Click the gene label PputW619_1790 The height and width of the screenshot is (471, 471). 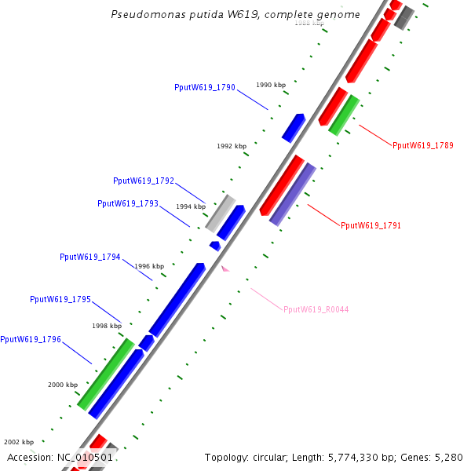205,88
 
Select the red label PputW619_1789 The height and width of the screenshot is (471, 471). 422,145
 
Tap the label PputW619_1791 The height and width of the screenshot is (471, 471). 371,225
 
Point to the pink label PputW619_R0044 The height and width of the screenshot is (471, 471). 316,309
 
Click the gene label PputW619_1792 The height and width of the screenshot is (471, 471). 144,181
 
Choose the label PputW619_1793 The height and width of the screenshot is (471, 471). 128,203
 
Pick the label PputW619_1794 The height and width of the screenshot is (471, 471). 90,257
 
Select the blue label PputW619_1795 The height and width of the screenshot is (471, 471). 60,299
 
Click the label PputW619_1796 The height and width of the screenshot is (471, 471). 31,339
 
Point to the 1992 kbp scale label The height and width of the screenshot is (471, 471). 232,146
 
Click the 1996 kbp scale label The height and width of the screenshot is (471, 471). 149,266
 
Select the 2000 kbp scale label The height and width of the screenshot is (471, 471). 63,385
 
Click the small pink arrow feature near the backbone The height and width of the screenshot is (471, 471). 225,268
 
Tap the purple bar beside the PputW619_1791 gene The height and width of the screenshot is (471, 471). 293,194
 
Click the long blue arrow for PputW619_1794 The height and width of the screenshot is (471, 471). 177,299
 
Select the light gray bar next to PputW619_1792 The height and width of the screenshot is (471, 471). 221,212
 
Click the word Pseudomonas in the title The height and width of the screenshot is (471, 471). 144,15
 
